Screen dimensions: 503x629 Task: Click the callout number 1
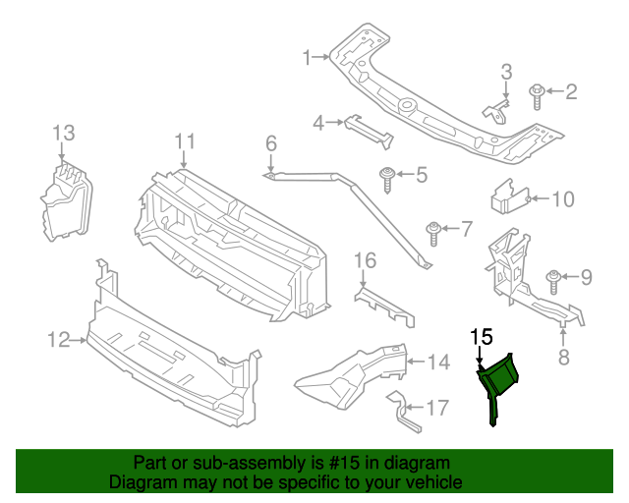click(x=306, y=57)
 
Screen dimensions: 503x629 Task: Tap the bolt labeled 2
click(x=538, y=95)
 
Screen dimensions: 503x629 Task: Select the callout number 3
click(x=507, y=72)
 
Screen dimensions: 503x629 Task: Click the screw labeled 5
click(x=389, y=178)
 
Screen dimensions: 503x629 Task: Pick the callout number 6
click(x=271, y=145)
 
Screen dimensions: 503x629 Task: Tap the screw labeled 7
click(x=433, y=232)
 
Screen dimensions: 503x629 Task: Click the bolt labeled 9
click(x=552, y=279)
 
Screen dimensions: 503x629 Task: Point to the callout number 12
click(x=56, y=341)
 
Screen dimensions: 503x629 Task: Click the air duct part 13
click(x=65, y=201)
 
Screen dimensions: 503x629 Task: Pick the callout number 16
click(x=365, y=260)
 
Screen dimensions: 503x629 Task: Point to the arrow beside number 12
click(x=78, y=341)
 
